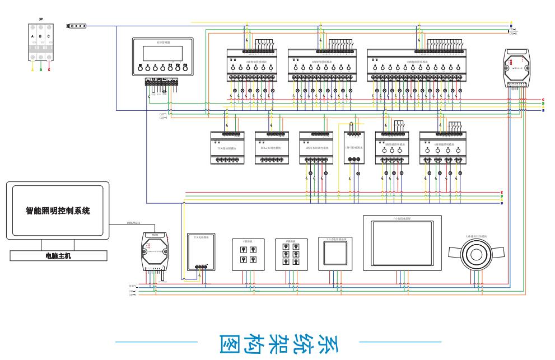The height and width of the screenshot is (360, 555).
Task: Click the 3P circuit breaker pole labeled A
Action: tap(33, 43)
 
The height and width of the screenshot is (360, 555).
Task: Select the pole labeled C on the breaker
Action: tap(49, 43)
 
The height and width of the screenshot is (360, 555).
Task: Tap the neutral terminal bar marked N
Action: tap(77, 26)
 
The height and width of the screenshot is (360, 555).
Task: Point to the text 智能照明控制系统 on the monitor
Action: tap(58, 212)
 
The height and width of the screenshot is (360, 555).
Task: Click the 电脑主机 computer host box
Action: tap(58, 256)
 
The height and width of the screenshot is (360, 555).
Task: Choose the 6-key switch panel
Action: tap(289, 254)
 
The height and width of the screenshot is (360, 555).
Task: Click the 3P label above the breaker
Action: tap(41, 19)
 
